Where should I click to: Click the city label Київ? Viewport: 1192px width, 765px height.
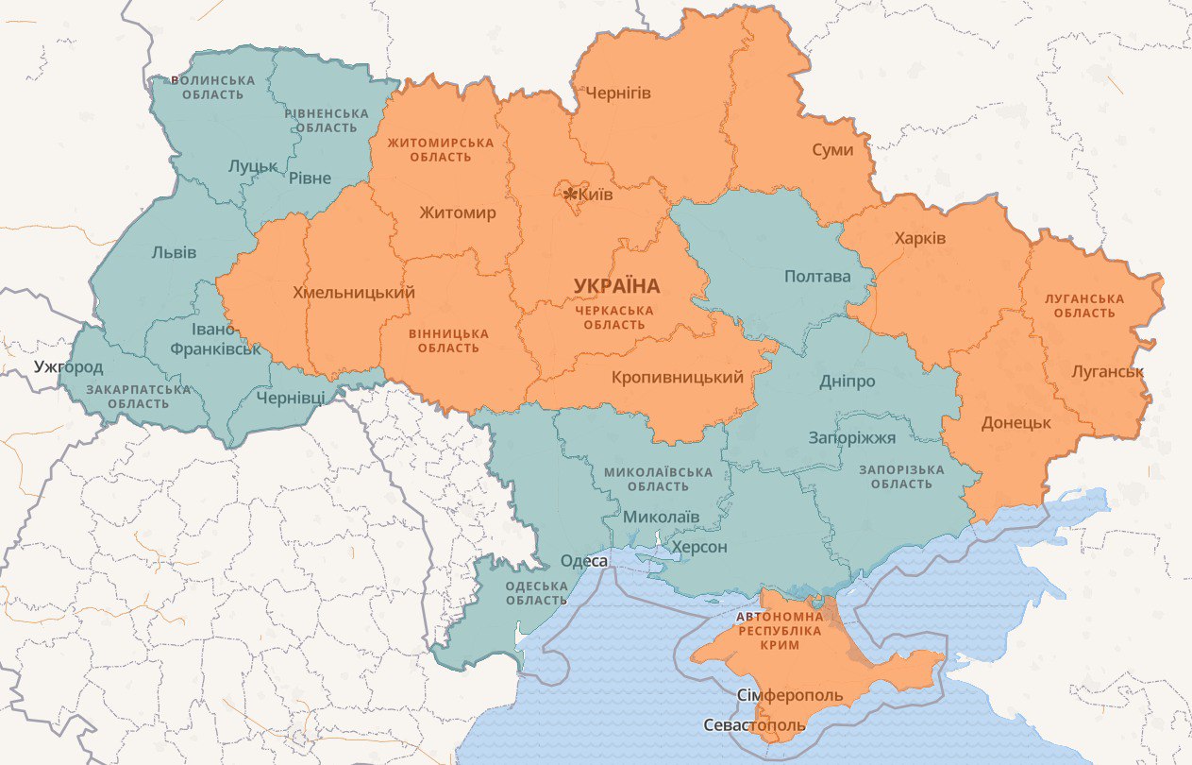point(596,195)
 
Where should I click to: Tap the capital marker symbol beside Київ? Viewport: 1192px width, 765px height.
point(570,195)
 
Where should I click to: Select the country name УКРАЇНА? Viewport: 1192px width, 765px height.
point(616,285)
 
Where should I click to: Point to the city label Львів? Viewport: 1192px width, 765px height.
point(174,252)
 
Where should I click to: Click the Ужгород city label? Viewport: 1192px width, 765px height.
point(68,366)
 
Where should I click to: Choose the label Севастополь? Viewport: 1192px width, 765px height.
point(755,725)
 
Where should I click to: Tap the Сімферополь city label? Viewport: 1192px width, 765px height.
point(790,696)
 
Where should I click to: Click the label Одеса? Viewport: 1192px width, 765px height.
point(583,561)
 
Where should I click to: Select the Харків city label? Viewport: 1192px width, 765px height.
point(920,238)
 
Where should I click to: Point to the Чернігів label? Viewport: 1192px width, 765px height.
point(618,93)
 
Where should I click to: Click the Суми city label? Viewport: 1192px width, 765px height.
point(832,150)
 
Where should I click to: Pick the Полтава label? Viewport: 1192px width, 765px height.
point(817,277)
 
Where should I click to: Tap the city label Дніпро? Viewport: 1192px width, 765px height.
point(847,382)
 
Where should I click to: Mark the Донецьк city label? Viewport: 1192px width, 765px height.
point(1016,422)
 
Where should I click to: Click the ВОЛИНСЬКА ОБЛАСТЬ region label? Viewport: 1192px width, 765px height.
point(212,87)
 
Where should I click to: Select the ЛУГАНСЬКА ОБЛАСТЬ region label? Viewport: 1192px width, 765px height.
point(1084,305)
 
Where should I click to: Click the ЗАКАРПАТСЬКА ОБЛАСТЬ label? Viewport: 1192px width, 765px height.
point(138,397)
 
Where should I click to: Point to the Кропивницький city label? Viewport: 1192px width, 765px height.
point(677,377)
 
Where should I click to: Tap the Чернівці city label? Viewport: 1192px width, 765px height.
point(290,398)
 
